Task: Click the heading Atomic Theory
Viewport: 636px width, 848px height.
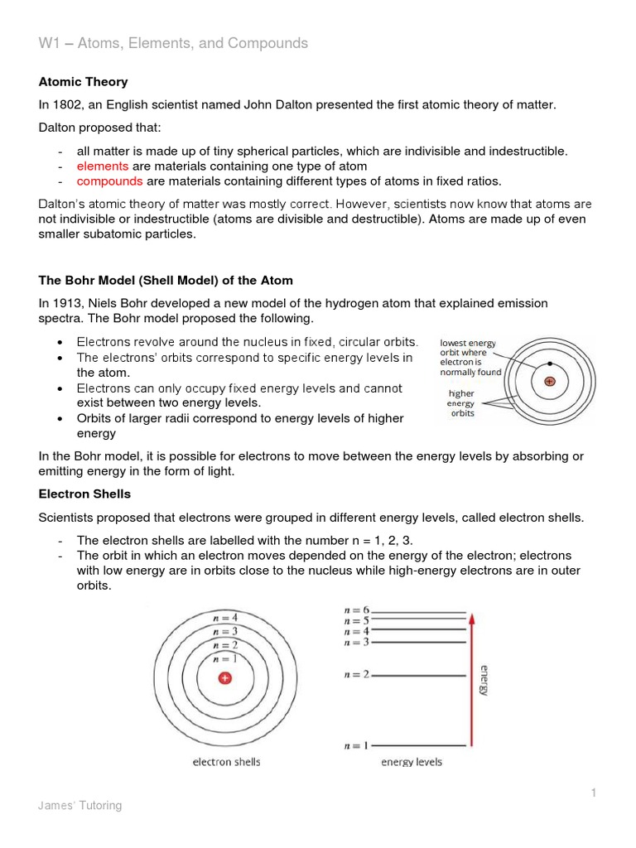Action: click(84, 82)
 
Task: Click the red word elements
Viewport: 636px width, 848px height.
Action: click(103, 166)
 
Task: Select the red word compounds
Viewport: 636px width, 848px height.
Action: click(109, 181)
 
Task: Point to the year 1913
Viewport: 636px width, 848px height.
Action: click(68, 304)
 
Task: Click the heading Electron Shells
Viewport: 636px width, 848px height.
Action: click(84, 494)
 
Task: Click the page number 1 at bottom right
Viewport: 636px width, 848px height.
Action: click(594, 793)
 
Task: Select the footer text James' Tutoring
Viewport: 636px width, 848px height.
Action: click(80, 806)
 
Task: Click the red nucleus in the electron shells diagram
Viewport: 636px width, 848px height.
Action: click(224, 678)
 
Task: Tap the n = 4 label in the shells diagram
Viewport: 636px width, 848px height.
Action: click(224, 616)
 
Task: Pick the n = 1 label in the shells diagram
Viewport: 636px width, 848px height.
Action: click(224, 658)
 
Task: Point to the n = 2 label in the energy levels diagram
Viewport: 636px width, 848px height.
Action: click(356, 675)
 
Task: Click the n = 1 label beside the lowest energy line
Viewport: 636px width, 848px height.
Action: click(356, 745)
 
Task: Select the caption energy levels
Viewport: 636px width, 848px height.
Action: click(412, 762)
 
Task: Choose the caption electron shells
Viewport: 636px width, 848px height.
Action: click(224, 762)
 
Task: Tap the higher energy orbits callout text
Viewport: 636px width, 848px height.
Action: click(461, 403)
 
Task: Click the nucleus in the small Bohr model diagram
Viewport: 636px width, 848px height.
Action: click(548, 382)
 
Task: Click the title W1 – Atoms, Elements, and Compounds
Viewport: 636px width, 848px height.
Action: click(173, 43)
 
